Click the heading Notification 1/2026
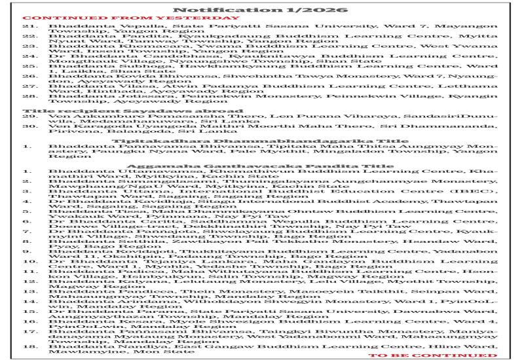[261, 9]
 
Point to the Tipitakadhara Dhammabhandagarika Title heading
[261, 139]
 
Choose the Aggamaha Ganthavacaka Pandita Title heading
[261, 167]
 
